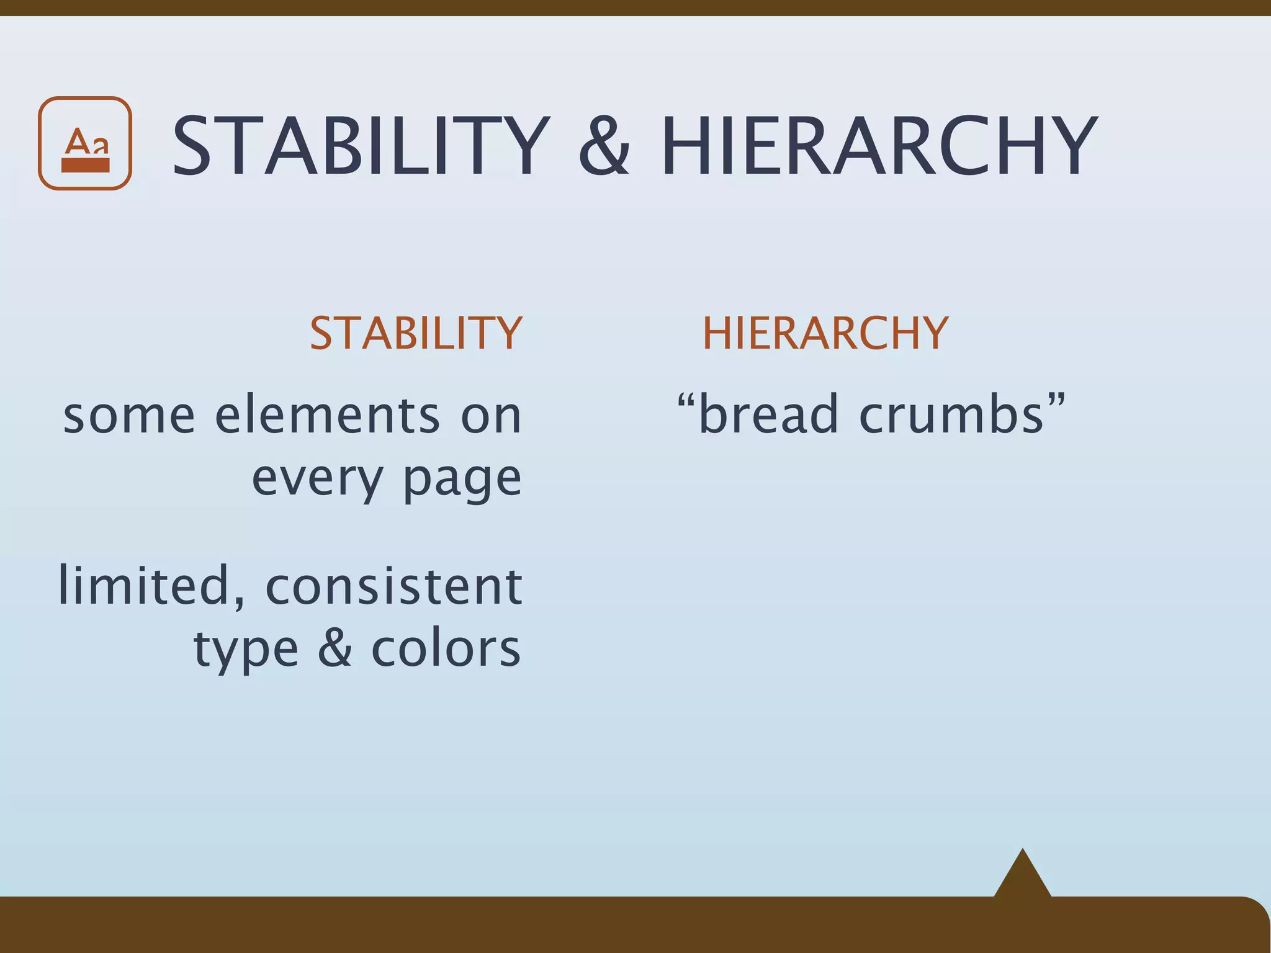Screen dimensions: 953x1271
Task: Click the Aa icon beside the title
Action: pos(85,143)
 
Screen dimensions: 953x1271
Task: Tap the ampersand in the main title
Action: pos(604,147)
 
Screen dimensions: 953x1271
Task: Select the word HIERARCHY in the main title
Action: pos(879,147)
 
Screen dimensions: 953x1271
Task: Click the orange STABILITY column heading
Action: pos(416,333)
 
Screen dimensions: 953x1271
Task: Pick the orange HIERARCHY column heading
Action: pos(825,333)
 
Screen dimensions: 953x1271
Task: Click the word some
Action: pos(129,415)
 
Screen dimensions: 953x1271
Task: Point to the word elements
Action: pos(327,415)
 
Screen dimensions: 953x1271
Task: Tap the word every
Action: pos(317,479)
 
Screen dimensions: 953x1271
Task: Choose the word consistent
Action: pos(393,586)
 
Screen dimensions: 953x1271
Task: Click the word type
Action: pos(246,651)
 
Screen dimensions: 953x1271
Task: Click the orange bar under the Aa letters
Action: pos(85,165)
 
